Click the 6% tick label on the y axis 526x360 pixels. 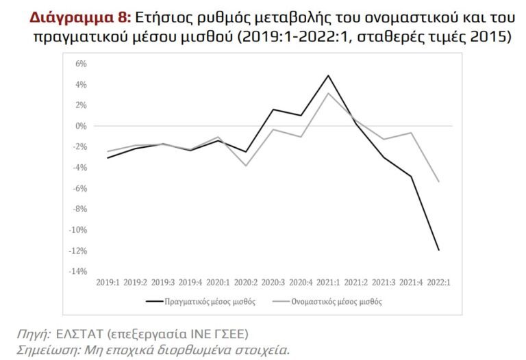click(81, 64)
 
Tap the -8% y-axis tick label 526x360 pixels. click(79, 209)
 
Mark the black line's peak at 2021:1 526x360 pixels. click(329, 75)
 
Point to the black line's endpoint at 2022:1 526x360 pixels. click(439, 250)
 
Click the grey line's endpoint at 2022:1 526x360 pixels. click(439, 181)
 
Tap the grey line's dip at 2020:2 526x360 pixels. click(246, 166)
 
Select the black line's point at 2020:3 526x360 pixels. click(273, 110)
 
